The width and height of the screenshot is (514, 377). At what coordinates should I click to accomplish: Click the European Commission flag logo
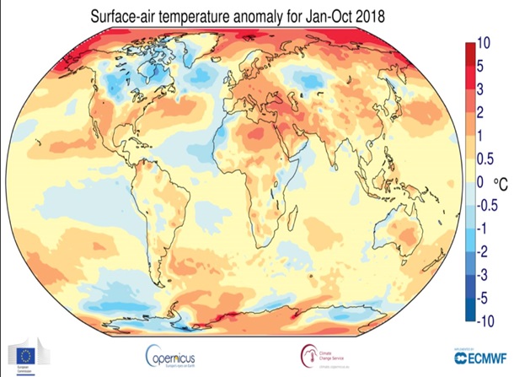pyautogui.click(x=23, y=353)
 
